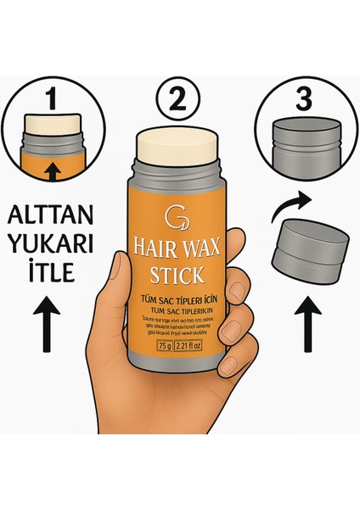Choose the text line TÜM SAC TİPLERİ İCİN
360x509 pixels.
pos(179,300)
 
